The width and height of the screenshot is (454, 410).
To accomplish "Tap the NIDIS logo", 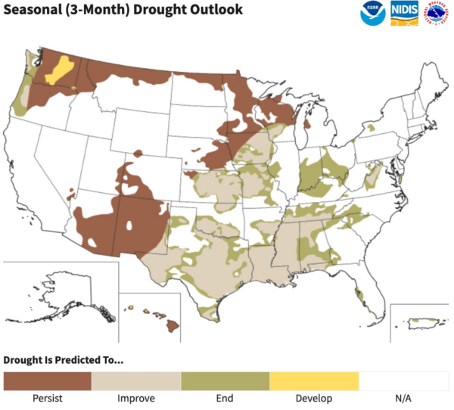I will pyautogui.click(x=405, y=14).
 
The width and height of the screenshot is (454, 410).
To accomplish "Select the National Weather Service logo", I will pyautogui.click(x=437, y=14).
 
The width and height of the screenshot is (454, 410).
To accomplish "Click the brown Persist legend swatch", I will pyautogui.click(x=47, y=380).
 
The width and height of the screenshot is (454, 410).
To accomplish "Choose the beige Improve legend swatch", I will pyautogui.click(x=136, y=380).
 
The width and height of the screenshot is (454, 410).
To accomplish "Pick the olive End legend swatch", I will pyautogui.click(x=225, y=380).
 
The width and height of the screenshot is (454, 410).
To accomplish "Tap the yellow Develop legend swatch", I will pyautogui.click(x=314, y=380).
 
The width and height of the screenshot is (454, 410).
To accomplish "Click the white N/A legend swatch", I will pyautogui.click(x=403, y=380).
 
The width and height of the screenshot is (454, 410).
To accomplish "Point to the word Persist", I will pyautogui.click(x=47, y=398).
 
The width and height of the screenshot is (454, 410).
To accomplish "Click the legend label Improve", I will pyautogui.click(x=136, y=398).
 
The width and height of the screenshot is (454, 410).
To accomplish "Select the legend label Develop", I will pyautogui.click(x=314, y=398).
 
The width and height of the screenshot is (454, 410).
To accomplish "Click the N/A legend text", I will pyautogui.click(x=403, y=398).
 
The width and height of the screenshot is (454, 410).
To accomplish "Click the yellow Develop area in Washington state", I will pyautogui.click(x=58, y=70).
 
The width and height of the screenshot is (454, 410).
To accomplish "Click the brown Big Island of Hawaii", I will pyautogui.click(x=173, y=327).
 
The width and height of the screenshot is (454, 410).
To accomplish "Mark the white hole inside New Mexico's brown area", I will pyautogui.click(x=133, y=225).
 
